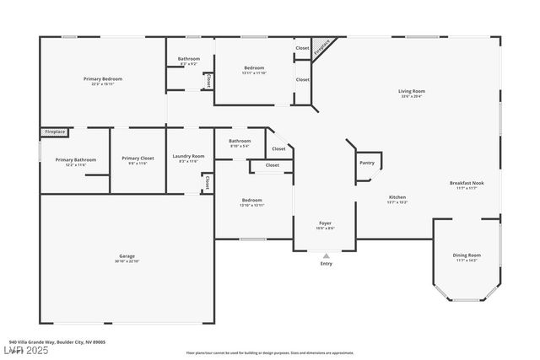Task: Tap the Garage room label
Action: [x=127, y=255]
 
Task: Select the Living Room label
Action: [x=411, y=91]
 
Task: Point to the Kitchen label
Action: [x=397, y=196]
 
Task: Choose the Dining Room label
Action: [x=467, y=255]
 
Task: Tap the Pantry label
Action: [x=367, y=163]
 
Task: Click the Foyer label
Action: [x=325, y=223]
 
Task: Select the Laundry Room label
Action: [x=188, y=156]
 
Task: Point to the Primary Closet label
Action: [x=137, y=158]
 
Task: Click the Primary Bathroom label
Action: [x=75, y=159]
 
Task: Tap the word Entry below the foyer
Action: [x=326, y=264]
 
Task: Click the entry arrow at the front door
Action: [x=326, y=255]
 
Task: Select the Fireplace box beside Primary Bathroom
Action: [x=54, y=132]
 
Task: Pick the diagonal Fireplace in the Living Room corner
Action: [x=322, y=50]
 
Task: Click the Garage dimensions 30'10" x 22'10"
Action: [x=127, y=261]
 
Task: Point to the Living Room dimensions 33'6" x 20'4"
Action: [x=411, y=97]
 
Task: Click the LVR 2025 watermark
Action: [x=25, y=350]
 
